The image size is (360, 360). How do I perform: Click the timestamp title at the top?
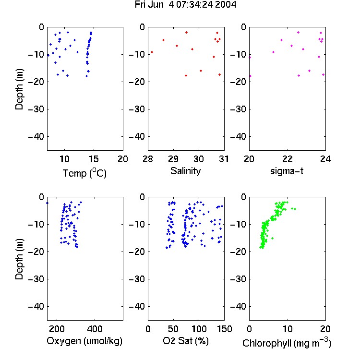185,5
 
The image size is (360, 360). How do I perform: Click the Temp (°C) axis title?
84,173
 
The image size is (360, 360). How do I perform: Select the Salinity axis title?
185,171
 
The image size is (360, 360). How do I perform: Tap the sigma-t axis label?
287,171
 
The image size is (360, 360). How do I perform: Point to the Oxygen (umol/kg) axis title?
84,341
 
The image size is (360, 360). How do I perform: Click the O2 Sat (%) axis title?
186,341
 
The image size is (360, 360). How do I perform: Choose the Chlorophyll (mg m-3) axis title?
287,343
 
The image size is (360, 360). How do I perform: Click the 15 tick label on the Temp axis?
94,159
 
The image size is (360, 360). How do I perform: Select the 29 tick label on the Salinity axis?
173,159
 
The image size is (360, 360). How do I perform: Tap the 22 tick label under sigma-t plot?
287,159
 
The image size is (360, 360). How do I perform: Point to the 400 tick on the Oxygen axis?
95,329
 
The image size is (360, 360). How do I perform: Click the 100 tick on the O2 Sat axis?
199,329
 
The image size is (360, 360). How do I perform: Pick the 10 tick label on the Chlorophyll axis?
287,329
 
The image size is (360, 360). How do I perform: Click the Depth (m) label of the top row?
19,89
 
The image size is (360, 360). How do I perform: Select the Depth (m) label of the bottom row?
19,259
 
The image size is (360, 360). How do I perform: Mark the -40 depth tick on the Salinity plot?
137,137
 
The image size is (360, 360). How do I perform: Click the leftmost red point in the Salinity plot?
152,52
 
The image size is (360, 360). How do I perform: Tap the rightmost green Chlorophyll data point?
295,209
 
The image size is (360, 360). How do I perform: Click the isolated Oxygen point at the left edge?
48,203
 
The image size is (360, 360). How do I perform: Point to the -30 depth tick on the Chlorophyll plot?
238,279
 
